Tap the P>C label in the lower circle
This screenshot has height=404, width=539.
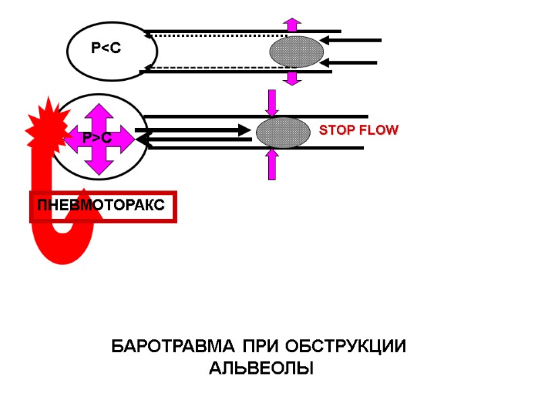(x=97, y=138)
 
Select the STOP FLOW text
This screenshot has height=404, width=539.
(x=358, y=130)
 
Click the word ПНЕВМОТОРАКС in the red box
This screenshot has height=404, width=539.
(x=102, y=205)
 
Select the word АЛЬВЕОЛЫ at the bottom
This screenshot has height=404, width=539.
(x=261, y=369)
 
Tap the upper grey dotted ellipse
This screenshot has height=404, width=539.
(x=296, y=52)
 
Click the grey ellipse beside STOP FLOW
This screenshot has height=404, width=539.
(x=283, y=133)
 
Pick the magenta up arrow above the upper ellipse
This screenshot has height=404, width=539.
(x=292, y=24)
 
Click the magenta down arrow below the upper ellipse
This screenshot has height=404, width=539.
(x=292, y=78)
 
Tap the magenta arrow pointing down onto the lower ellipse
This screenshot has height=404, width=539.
(x=272, y=102)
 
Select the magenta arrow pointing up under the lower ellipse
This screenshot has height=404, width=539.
(x=272, y=164)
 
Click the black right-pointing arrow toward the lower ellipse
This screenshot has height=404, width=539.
(x=192, y=130)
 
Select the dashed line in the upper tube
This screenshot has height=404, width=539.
(x=216, y=68)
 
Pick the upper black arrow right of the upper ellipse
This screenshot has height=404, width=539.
(x=354, y=40)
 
